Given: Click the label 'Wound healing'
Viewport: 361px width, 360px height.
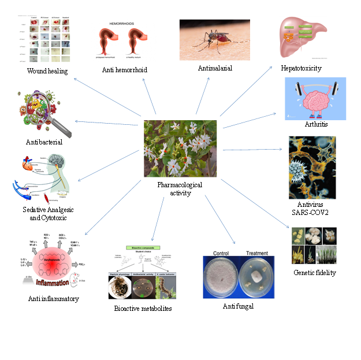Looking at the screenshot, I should (47, 72).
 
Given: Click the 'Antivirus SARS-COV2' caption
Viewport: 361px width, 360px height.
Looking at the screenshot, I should (312, 208).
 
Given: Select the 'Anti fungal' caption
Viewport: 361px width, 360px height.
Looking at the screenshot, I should (238, 306).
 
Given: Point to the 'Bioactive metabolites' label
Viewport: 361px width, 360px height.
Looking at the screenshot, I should (143, 308).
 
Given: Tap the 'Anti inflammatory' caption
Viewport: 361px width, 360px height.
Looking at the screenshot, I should (53, 299).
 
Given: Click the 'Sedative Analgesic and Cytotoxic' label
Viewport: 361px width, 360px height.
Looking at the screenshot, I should (51, 214).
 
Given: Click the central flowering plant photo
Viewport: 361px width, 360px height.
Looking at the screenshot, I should (180, 149).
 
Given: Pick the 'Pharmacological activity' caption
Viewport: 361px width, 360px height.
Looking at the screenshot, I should (180, 189).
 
